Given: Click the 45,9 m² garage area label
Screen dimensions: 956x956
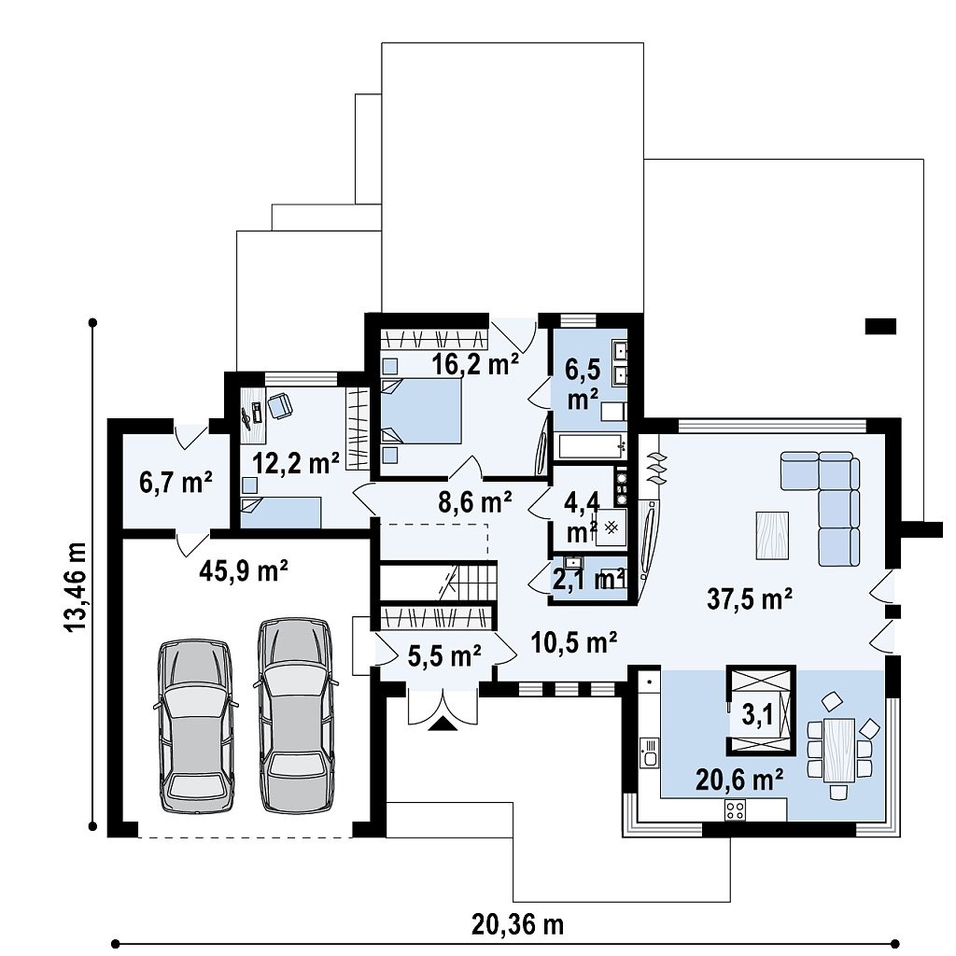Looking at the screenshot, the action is (244, 571).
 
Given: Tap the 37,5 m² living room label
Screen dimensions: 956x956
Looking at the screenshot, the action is (750, 598).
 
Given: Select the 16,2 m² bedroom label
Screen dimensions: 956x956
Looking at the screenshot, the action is (475, 364).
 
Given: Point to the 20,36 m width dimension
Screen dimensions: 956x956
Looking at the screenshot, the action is (517, 924).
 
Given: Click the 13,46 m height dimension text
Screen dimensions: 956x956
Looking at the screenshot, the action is (75, 587).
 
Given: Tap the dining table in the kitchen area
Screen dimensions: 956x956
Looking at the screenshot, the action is (839, 750).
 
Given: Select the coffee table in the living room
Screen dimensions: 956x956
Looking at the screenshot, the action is (772, 535).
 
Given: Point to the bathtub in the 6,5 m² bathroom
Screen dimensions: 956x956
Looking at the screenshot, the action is (591, 446).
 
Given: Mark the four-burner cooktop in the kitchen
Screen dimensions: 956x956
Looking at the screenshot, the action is (735, 809).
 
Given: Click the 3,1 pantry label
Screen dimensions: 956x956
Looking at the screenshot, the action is (757, 714).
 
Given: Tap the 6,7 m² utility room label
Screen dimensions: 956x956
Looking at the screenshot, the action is (176, 483).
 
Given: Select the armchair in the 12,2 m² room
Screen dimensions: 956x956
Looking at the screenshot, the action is (280, 405).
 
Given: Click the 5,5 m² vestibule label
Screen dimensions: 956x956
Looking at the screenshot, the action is (443, 656).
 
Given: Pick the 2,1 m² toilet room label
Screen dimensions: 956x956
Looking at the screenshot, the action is (589, 579).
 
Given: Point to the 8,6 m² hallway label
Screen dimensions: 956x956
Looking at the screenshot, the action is (475, 502).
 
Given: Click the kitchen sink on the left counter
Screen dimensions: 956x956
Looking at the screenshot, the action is (650, 752).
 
